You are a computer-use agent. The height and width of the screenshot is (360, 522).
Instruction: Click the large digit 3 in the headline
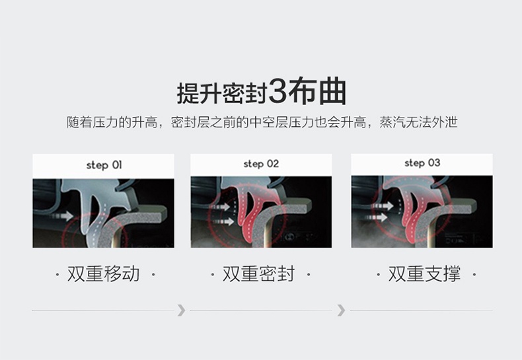coord(277,91)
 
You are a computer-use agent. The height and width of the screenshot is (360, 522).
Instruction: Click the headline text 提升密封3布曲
coord(262,91)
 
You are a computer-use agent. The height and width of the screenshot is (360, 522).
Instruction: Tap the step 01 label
coord(104,165)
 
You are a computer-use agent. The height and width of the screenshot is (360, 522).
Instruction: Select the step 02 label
coord(261,164)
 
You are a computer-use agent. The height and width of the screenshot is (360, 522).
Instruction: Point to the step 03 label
coord(422,163)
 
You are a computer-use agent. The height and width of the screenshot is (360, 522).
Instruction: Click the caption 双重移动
coord(103,274)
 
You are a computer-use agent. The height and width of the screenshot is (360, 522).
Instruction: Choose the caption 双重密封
coord(258,274)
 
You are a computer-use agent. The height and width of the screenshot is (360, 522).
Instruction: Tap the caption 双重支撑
coord(424,274)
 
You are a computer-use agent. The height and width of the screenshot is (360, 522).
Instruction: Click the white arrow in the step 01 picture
coord(61,215)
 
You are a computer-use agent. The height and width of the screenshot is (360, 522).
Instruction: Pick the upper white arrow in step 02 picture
coord(219,207)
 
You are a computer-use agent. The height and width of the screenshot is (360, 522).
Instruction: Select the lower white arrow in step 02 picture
coord(223,221)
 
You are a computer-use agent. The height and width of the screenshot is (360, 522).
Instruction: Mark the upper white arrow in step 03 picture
coord(383,206)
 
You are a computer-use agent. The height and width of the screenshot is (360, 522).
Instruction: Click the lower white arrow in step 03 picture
coord(377,217)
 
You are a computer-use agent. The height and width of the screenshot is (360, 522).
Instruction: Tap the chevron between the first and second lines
coord(181,310)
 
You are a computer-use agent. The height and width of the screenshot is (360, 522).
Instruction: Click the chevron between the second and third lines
coord(341,310)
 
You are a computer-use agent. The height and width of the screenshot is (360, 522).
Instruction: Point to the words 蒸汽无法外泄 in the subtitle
coord(418,122)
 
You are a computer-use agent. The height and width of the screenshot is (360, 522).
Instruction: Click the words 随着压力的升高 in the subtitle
coord(112,122)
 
